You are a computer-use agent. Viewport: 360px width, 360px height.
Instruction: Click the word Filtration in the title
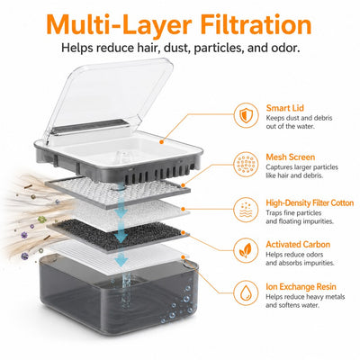coord(256,24)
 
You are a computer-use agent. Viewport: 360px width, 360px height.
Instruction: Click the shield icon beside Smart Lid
coord(246,115)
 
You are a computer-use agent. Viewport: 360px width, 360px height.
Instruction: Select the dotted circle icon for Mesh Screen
coord(246,165)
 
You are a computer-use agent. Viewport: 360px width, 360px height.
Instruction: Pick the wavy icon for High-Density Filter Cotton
coord(246,210)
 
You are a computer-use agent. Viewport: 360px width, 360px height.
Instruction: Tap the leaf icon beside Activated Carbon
coord(246,250)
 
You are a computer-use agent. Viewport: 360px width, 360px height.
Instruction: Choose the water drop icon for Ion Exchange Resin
coord(246,292)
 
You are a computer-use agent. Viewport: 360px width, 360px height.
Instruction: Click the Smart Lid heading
coord(285,108)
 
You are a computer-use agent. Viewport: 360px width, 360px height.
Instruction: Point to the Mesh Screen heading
coord(291,157)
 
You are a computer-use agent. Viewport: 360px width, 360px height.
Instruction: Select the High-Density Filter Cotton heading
coord(310,203)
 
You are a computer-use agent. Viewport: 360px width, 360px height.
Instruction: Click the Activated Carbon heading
coord(298,245)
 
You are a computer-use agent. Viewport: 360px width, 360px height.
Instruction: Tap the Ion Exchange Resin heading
coord(301,287)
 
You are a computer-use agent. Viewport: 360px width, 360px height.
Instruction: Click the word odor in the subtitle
coord(287,48)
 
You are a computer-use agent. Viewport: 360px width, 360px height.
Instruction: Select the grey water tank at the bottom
coord(119,295)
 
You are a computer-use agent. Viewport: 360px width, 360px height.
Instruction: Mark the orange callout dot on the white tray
coord(161,141)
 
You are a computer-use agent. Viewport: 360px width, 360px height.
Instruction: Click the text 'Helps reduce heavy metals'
coord(305,297)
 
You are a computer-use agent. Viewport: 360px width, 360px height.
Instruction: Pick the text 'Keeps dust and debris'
coord(299,118)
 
